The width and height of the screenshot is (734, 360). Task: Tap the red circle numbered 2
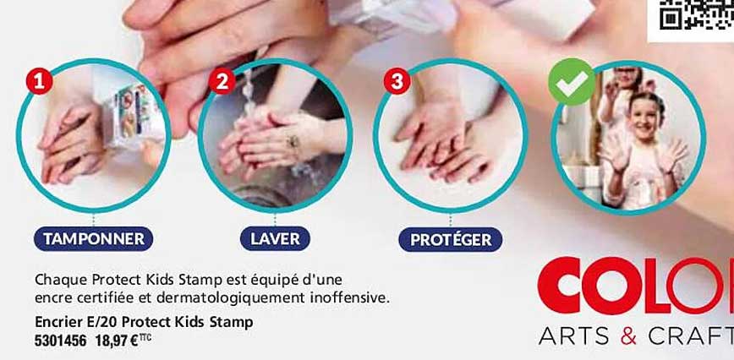(x=222, y=82)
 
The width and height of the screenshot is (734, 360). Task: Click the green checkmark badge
(x=572, y=82)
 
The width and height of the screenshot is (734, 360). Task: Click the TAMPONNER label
(x=94, y=239)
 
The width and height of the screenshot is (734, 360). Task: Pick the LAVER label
(x=275, y=239)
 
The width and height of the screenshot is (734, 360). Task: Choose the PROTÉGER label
(x=450, y=240)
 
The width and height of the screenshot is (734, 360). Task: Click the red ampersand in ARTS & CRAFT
(x=627, y=335)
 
